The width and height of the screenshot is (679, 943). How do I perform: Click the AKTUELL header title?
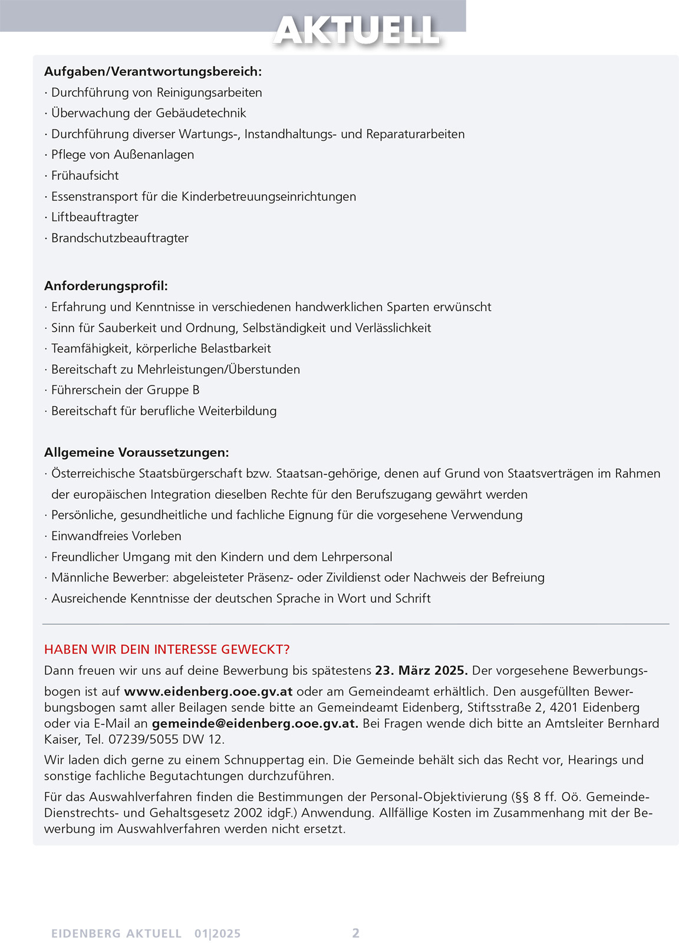pos(357,31)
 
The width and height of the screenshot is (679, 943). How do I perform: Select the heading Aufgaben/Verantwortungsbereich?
pos(153,72)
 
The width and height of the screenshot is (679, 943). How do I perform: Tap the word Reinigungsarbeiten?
pos(209,93)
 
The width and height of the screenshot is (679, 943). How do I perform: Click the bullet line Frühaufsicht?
pos(85,176)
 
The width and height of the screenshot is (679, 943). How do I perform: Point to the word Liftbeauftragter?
pos(95,217)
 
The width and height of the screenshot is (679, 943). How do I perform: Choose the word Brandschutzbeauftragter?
pos(120,238)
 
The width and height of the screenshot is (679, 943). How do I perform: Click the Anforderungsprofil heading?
pos(106,286)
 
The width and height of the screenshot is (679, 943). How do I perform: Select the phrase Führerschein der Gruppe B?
pos(125,390)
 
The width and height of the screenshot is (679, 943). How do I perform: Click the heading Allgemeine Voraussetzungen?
pos(136,453)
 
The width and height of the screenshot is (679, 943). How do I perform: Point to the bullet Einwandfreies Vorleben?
pos(116,536)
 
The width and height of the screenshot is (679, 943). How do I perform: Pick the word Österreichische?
pos(94,474)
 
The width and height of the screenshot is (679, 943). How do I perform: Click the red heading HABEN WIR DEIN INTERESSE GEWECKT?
pos(167,649)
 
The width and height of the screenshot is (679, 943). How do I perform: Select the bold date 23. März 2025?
pos(421,671)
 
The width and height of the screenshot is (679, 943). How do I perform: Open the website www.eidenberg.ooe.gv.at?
pos(208,691)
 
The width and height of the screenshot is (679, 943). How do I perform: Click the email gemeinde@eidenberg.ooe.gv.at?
pos(255,723)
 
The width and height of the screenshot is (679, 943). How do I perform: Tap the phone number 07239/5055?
pos(148,739)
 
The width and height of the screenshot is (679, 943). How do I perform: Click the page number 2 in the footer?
pos(355,933)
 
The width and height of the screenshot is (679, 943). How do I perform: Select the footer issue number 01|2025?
pos(217,934)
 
